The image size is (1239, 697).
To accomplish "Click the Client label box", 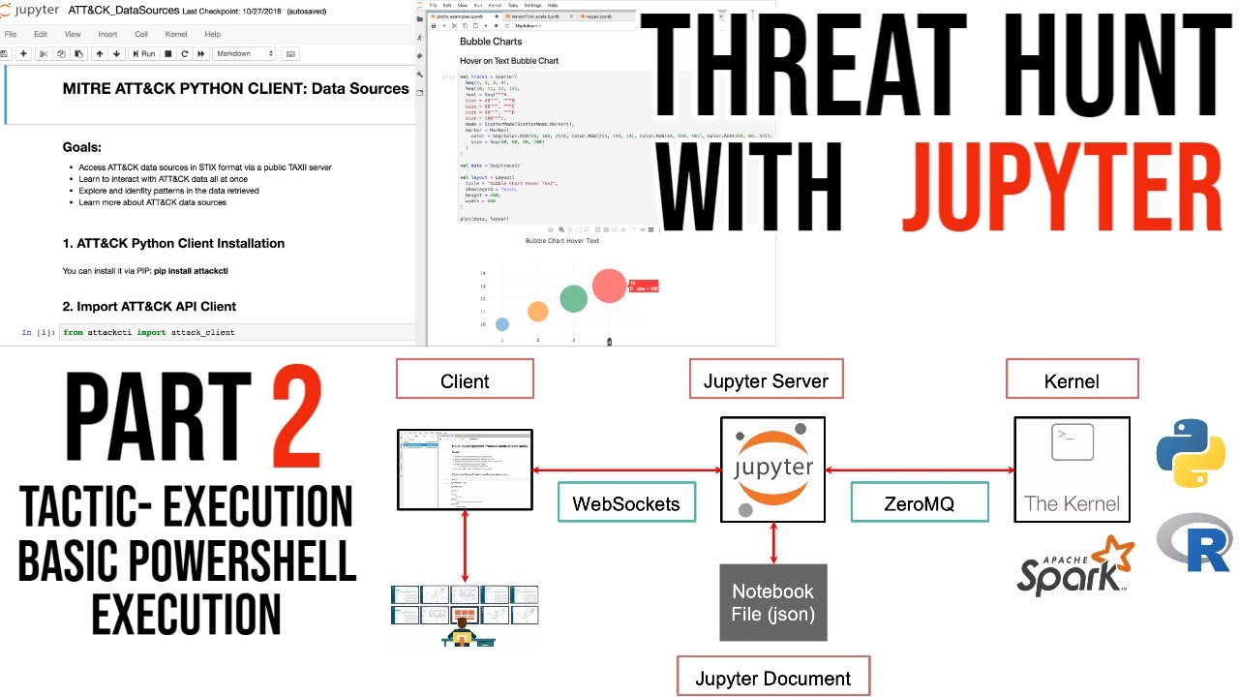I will (x=465, y=379).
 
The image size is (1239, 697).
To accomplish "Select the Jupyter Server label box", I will (x=766, y=379).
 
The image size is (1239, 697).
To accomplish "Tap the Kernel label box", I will (x=1072, y=379).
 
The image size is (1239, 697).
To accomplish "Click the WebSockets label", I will (x=626, y=502).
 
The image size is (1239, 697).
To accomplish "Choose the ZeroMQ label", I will (x=919, y=502).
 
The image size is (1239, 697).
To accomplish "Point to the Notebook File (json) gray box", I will (x=772, y=602).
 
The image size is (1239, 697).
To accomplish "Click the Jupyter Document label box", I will (x=772, y=678).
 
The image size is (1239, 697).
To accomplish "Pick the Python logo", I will (x=1191, y=453).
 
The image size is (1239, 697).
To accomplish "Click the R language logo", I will (x=1194, y=544).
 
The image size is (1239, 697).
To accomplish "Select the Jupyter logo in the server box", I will (x=772, y=470).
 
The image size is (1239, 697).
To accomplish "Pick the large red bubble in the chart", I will (x=609, y=285).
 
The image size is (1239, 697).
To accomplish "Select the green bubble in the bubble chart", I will (x=573, y=299).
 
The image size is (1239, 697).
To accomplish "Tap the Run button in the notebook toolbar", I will (x=143, y=54).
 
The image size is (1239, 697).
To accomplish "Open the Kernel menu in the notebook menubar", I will (x=176, y=34).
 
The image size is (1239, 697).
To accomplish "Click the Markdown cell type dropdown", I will (x=244, y=54).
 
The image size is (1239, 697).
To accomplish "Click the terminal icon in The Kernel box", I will (x=1072, y=442).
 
